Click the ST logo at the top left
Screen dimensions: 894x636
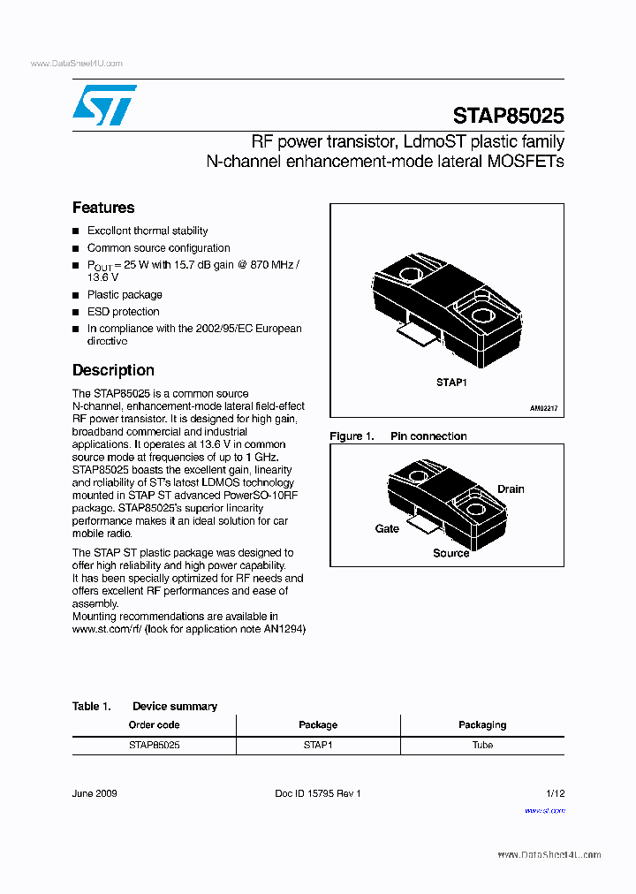(104, 105)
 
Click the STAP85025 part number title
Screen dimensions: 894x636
(508, 116)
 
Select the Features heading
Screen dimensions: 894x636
(103, 208)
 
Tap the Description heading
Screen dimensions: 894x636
(113, 370)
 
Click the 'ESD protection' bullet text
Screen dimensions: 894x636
(123, 312)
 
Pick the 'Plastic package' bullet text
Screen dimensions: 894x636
(125, 295)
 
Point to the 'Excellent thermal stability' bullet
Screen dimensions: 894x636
(148, 231)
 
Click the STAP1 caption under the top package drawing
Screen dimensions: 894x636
(450, 383)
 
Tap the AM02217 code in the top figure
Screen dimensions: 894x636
(543, 409)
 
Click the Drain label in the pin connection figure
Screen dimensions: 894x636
(510, 489)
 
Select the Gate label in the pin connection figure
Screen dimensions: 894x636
(387, 528)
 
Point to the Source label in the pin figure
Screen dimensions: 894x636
(450, 553)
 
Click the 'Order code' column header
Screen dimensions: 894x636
(154, 724)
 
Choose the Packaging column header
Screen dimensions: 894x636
(482, 724)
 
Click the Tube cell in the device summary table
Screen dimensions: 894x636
(482, 745)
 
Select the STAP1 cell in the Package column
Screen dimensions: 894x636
(318, 745)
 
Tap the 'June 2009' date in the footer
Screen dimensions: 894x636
(95, 793)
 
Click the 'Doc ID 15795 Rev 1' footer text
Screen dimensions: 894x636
(318, 793)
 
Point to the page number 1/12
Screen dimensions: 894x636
(555, 793)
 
